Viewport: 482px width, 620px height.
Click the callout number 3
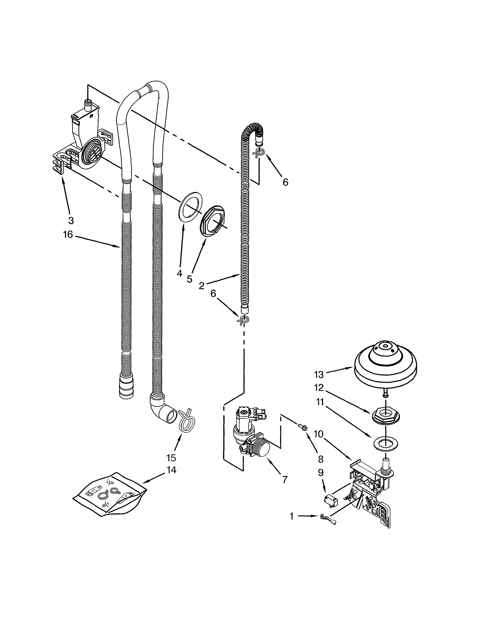(71, 220)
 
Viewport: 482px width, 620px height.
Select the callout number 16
(68, 234)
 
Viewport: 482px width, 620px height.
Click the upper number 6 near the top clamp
(285, 182)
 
